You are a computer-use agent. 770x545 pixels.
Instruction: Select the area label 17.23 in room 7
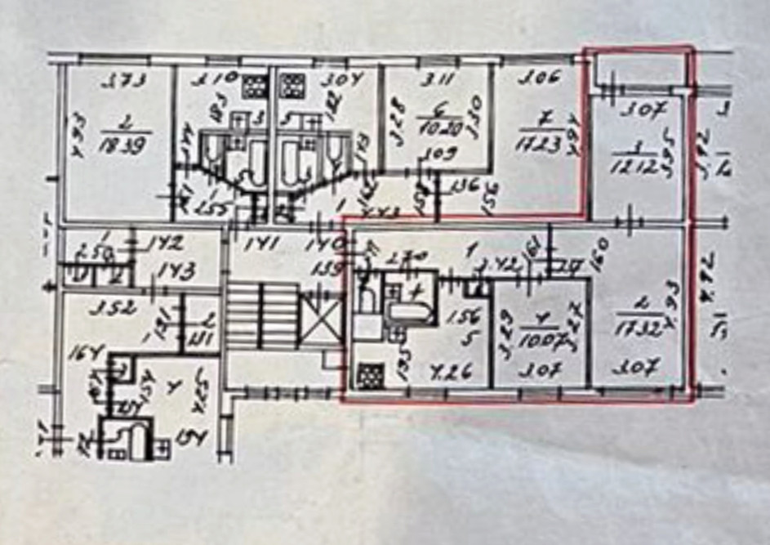click(540, 145)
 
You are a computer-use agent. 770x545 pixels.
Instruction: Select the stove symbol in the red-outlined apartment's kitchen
click(371, 375)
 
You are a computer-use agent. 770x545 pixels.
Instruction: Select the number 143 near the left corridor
click(176, 270)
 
